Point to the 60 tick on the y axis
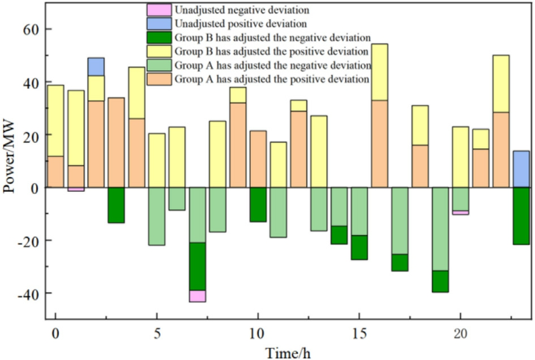click(x=36, y=29)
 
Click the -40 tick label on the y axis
click(x=33, y=293)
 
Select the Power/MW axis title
click(x=10, y=162)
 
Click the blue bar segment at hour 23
click(x=521, y=169)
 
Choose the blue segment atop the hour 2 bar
click(x=96, y=66)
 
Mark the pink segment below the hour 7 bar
click(x=198, y=296)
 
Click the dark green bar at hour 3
click(x=116, y=205)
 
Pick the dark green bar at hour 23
click(x=521, y=216)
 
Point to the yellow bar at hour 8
click(x=217, y=154)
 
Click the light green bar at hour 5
click(x=157, y=216)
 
